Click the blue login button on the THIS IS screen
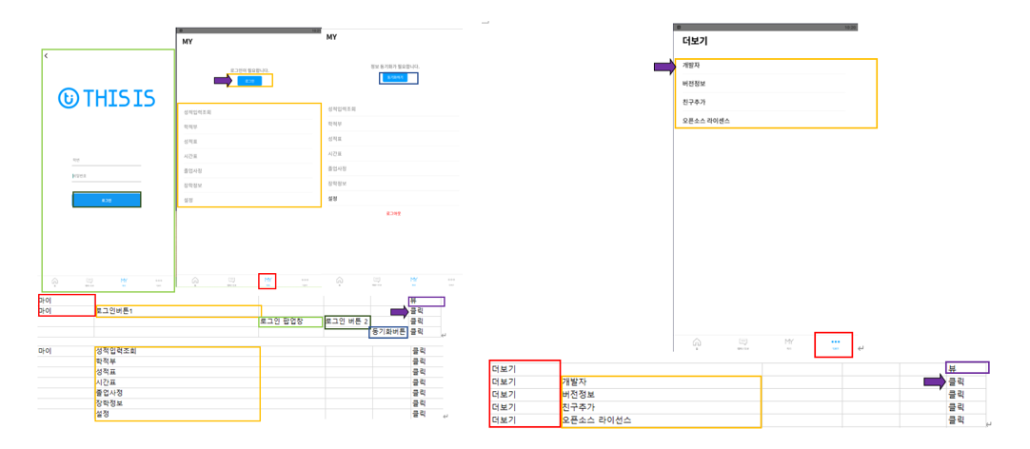click(x=107, y=200)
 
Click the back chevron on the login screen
click(x=47, y=56)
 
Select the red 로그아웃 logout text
click(x=393, y=213)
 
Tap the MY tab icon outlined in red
click(x=267, y=281)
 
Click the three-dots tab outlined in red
click(x=835, y=343)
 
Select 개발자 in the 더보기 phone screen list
click(x=692, y=66)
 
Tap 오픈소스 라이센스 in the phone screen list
click(x=706, y=121)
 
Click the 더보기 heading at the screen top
click(x=695, y=42)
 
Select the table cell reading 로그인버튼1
click(x=114, y=311)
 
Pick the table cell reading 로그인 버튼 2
click(x=347, y=322)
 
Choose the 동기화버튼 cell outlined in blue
click(x=387, y=332)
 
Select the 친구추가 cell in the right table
click(x=580, y=407)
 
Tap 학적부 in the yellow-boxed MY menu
click(x=190, y=127)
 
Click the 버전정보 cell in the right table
click(x=580, y=395)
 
